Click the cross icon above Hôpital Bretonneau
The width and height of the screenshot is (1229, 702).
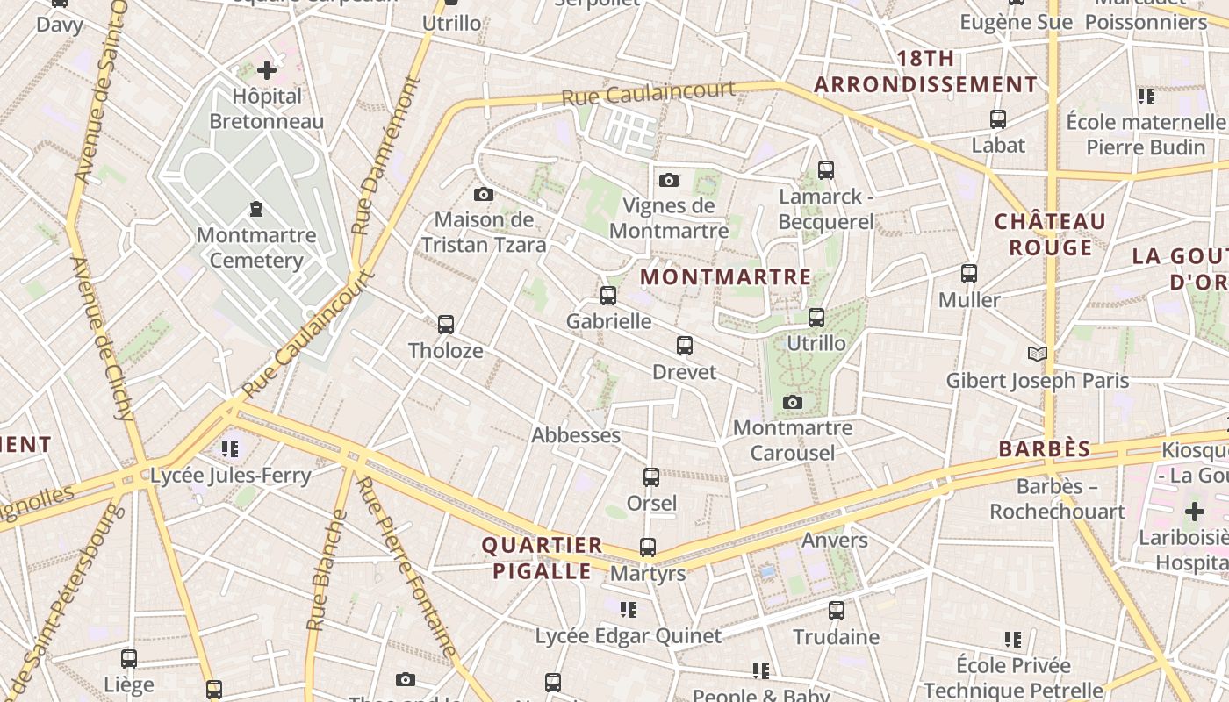pyautogui.click(x=267, y=70)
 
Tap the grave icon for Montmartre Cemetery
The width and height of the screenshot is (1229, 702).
pyautogui.click(x=255, y=209)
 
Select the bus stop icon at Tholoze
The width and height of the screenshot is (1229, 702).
pyautogui.click(x=445, y=325)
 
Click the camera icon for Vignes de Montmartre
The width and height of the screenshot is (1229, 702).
pyautogui.click(x=669, y=180)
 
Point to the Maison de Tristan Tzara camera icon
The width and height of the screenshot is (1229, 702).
pyautogui.click(x=483, y=194)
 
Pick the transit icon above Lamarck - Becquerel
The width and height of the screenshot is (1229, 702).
pyautogui.click(x=825, y=170)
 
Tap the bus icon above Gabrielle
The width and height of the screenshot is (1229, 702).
pyautogui.click(x=608, y=296)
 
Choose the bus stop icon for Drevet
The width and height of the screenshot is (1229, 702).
pyautogui.click(x=685, y=346)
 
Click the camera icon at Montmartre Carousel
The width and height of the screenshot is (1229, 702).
pyautogui.click(x=793, y=402)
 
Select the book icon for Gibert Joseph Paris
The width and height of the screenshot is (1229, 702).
pyautogui.click(x=1038, y=354)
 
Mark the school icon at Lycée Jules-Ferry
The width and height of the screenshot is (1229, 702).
pyautogui.click(x=230, y=449)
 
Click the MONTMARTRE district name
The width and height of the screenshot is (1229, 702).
pyautogui.click(x=726, y=277)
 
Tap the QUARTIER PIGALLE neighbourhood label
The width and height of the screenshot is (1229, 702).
pyautogui.click(x=542, y=558)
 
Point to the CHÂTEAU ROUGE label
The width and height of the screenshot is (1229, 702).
pyautogui.click(x=1050, y=234)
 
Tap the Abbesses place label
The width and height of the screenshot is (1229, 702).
pyautogui.click(x=576, y=435)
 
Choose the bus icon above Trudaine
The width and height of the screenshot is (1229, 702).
pyautogui.click(x=837, y=610)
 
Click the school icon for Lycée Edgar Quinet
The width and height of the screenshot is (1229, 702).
pyautogui.click(x=628, y=609)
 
